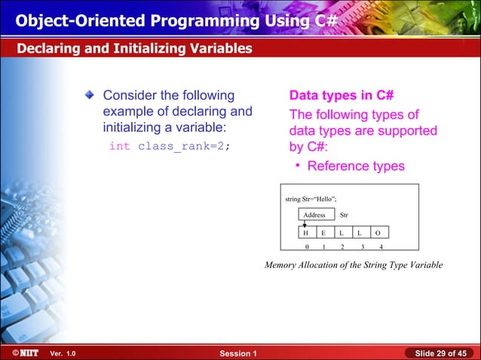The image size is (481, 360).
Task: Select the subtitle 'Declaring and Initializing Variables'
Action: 134,49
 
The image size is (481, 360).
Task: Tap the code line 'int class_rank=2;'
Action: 168,146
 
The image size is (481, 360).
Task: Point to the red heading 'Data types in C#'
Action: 343,96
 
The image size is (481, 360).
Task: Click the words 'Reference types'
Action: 356,166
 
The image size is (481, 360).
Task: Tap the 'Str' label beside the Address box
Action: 344,215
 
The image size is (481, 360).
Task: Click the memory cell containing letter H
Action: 305,232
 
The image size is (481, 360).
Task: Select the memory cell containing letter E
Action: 323,232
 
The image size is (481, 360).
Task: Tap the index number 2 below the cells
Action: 342,246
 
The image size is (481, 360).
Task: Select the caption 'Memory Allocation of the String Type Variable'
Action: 353,265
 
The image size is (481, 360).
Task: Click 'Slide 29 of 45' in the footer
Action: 440,353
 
